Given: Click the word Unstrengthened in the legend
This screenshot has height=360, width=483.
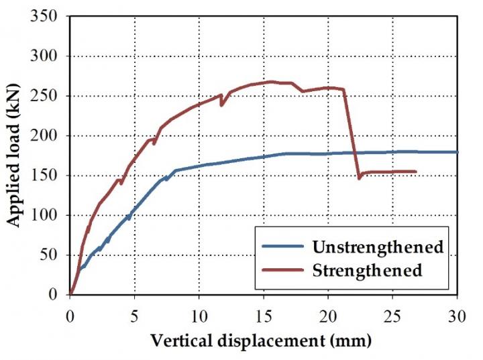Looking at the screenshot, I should click(378, 247).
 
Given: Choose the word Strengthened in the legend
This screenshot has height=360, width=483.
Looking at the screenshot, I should click(367, 270).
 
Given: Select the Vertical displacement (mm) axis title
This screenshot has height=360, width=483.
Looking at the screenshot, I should click(260, 341).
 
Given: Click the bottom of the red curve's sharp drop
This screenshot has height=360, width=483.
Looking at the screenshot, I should click(359, 178).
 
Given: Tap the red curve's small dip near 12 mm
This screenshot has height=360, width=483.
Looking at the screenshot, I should click(221, 105).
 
